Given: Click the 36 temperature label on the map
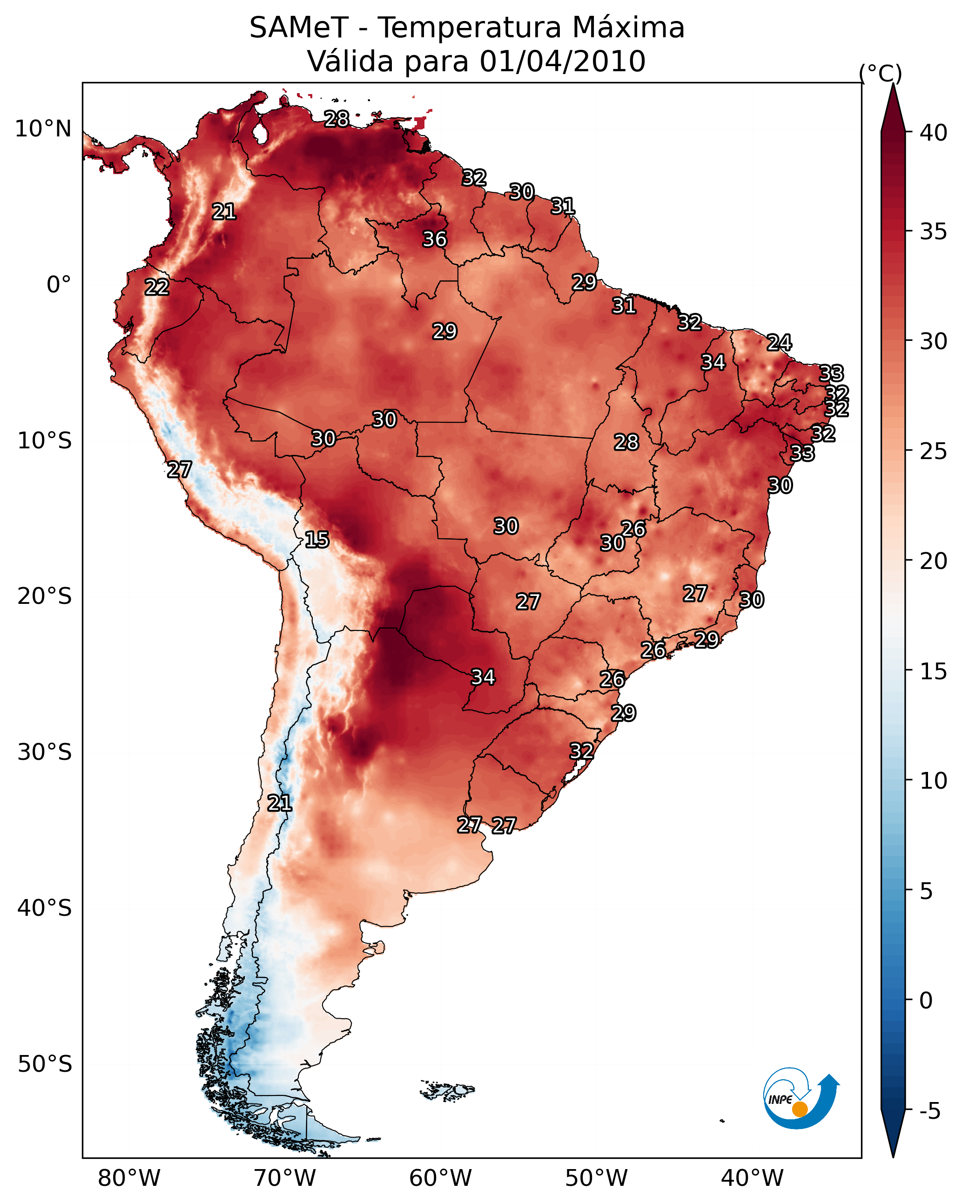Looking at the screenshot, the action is click(434, 239).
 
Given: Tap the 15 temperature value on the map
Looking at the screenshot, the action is click(317, 540).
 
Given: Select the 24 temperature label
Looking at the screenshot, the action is click(779, 342).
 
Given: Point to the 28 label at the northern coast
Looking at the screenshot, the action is click(336, 119).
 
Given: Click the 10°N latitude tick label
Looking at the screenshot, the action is click(43, 129).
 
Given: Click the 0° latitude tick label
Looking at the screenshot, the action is click(59, 285).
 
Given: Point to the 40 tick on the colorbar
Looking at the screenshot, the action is click(934, 133).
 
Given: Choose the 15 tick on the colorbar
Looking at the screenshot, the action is click(934, 672).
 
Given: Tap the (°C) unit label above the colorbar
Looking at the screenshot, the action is click(881, 73).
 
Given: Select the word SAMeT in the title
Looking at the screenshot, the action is click(299, 28).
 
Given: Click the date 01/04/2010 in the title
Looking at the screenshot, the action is click(562, 61).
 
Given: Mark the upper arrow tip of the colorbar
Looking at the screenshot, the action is click(893, 84).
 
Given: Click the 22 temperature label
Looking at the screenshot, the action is click(157, 287).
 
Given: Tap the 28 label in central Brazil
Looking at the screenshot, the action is click(626, 442).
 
